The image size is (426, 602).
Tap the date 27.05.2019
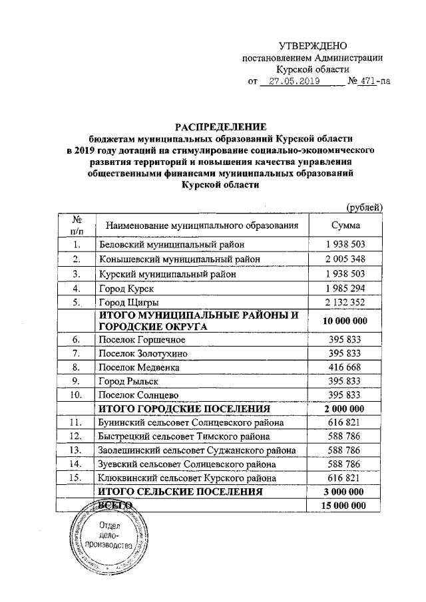[x=290, y=82]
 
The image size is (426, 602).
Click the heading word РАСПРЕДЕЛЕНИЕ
[x=220, y=126]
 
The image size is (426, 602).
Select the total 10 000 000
[x=345, y=321]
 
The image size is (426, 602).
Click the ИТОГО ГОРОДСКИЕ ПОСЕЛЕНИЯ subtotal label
[x=184, y=408]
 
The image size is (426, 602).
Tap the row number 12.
[x=77, y=437]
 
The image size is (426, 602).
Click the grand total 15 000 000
[x=345, y=507]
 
